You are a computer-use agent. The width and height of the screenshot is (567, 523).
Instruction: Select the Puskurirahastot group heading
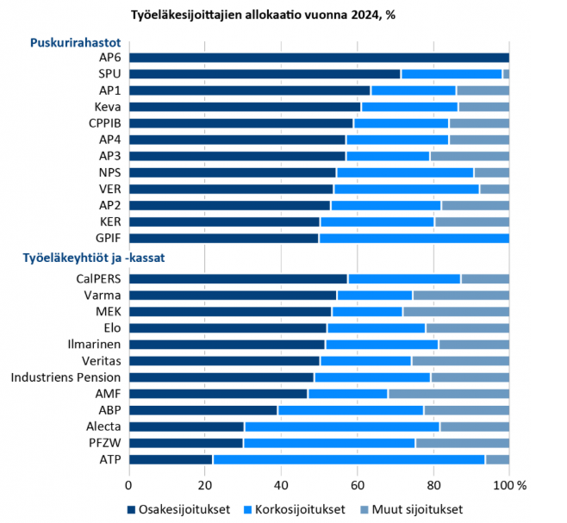(x=75, y=41)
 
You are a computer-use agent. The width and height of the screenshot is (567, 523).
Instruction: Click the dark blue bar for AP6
(x=319, y=58)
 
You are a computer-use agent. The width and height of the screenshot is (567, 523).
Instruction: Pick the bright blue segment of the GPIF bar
(x=414, y=239)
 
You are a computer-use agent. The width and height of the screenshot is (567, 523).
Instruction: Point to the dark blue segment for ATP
(x=171, y=459)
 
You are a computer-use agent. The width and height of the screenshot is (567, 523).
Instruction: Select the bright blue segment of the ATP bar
(x=349, y=459)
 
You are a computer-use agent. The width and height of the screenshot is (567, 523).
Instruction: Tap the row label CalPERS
(x=98, y=279)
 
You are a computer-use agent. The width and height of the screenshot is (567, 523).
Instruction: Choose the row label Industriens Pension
(x=66, y=377)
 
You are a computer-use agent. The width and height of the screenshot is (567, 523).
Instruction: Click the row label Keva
(x=108, y=107)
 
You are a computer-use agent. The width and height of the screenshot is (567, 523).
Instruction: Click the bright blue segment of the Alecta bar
(x=342, y=426)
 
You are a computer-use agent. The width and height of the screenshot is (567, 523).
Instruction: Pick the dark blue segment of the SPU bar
(x=265, y=74)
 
